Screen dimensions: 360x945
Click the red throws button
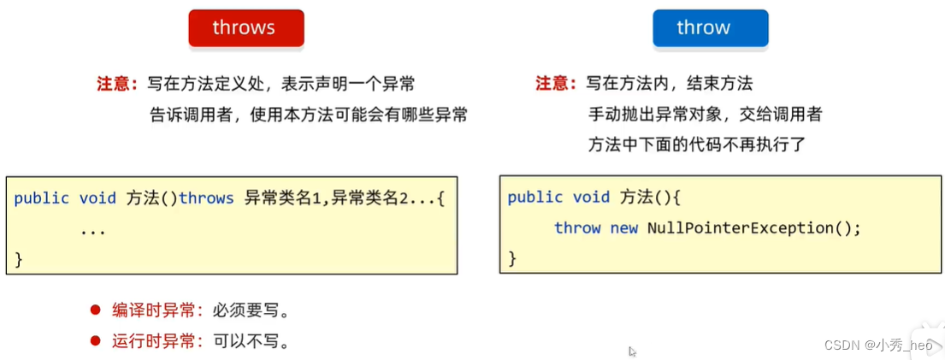pyautogui.click(x=244, y=28)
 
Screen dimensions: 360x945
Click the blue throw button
pyautogui.click(x=703, y=28)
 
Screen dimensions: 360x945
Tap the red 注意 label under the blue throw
pyautogui.click(x=554, y=84)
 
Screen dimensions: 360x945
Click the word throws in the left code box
pyautogui.click(x=206, y=198)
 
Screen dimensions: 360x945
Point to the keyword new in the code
pyautogui.click(x=623, y=228)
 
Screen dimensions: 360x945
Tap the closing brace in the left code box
pyautogui.click(x=19, y=258)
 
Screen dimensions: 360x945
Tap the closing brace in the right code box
pyautogui.click(x=512, y=257)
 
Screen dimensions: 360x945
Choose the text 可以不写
pyautogui.click(x=243, y=342)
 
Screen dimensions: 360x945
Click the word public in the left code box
pyautogui.click(x=42, y=198)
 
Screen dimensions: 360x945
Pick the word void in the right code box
pyautogui.click(x=592, y=198)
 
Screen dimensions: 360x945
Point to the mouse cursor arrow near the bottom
pyautogui.click(x=632, y=351)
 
